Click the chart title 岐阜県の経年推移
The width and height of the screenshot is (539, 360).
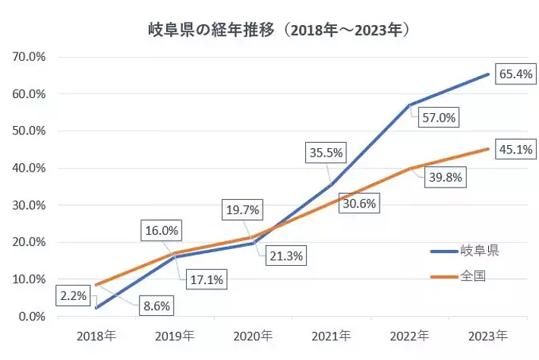point(280,30)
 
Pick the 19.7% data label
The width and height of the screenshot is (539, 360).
point(242,208)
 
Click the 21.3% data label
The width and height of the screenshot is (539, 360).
point(285,256)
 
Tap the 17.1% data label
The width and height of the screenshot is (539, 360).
point(205,279)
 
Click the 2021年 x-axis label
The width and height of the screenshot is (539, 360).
point(332,335)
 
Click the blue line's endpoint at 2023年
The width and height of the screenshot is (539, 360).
point(487,74)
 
